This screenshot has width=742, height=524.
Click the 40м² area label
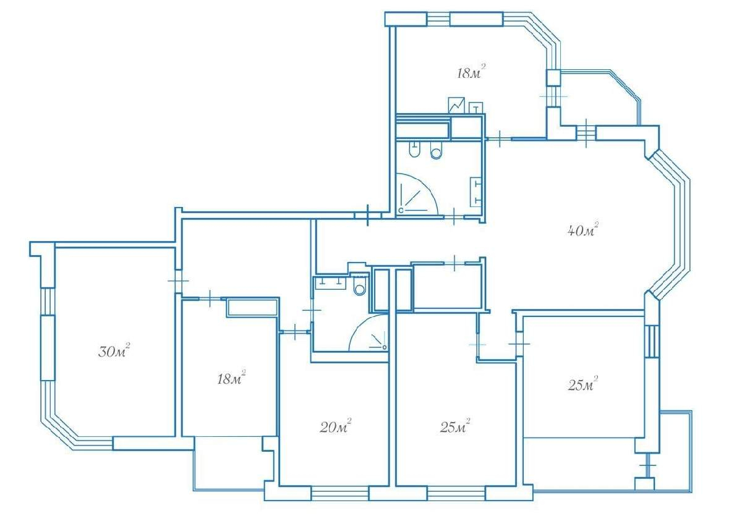coord(582,229)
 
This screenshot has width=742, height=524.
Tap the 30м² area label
coord(114,350)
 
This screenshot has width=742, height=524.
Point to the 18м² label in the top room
coord(471,72)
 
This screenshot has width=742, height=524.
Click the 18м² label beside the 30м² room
coord(231,378)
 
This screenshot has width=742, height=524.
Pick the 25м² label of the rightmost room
coord(582,384)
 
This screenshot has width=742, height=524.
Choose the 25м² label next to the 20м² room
coord(455,426)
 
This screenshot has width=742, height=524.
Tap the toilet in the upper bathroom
coord(436,151)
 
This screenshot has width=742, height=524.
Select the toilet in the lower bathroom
coord(359,285)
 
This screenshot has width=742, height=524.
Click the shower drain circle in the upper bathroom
coord(401,210)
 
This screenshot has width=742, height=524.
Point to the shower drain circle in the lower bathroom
coord(384,347)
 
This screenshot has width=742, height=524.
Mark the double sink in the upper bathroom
coord(475,192)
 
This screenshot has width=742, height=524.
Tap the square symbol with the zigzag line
coord(456,105)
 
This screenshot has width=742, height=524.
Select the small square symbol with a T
coord(476,108)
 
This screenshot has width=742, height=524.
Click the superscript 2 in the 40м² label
coord(596,224)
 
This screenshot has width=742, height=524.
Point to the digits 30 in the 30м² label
coord(106,352)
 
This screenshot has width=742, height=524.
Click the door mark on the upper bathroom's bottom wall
coord(454,217)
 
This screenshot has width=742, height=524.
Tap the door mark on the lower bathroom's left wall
coord(312,310)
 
